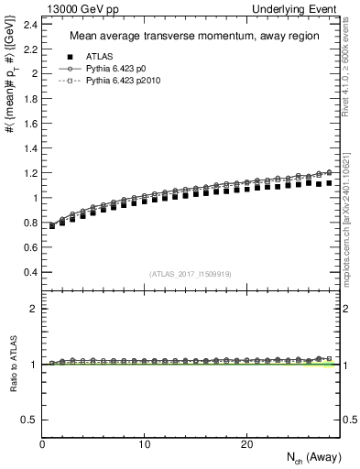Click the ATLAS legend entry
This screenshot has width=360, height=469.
tap(98, 58)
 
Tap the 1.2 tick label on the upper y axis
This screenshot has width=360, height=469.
tap(29, 172)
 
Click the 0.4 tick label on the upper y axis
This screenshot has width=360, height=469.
tap(29, 272)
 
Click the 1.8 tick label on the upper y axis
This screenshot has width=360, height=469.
tap(29, 98)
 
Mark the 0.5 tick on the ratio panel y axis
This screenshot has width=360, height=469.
tap(29, 420)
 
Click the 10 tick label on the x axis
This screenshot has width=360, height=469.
tap(145, 443)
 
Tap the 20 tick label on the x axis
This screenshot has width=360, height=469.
tap(246, 443)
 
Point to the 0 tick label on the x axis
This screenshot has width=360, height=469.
tap(43, 443)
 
